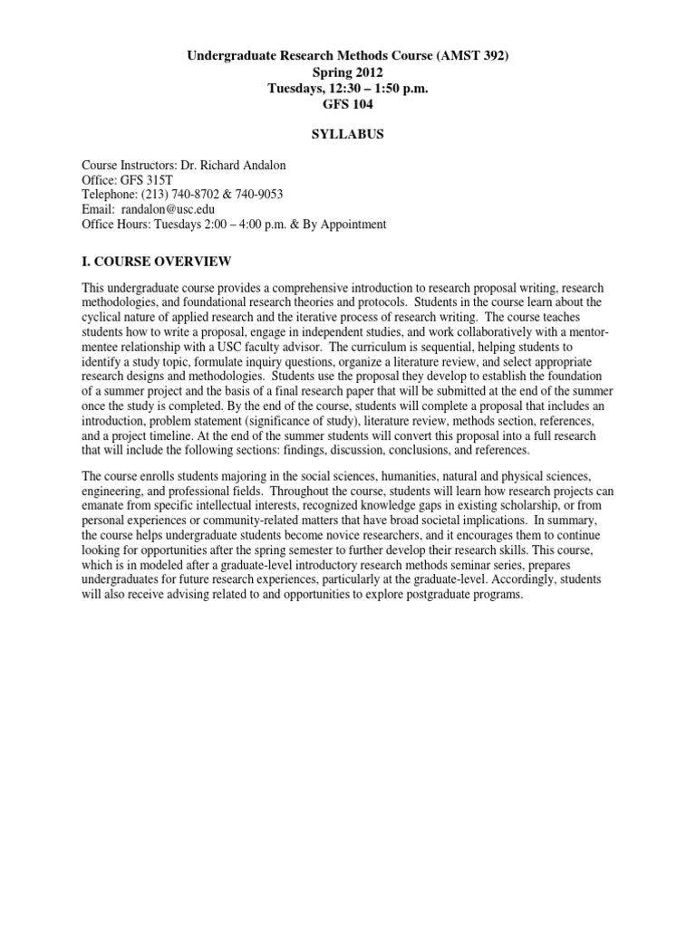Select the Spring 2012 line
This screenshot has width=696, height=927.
click(348, 72)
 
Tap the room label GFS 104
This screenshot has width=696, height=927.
click(348, 103)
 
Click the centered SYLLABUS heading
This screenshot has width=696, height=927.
click(348, 134)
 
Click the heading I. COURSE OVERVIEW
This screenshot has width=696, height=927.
click(157, 263)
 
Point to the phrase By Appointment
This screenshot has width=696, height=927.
click(350, 225)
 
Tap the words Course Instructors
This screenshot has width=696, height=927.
click(128, 167)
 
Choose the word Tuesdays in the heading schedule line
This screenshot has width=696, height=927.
click(296, 88)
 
